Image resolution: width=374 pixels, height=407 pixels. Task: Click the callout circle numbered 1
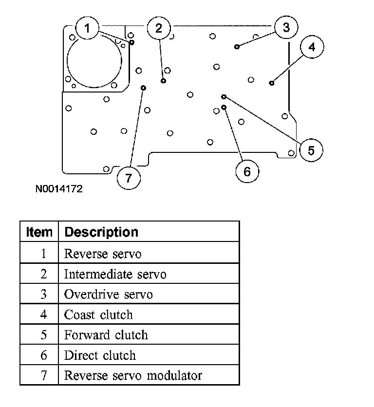coord(87,29)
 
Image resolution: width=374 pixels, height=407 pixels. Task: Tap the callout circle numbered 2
coord(159,29)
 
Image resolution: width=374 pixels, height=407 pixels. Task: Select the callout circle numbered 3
coord(286,28)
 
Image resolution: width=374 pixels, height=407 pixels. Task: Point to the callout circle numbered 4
coord(312,47)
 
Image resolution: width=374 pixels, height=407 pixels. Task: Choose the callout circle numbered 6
coord(246,171)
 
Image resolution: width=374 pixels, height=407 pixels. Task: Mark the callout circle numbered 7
coord(129,178)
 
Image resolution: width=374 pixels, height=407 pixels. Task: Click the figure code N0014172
coord(58,188)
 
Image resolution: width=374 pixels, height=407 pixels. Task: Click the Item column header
coord(39,232)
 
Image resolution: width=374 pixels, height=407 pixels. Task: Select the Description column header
coord(101,232)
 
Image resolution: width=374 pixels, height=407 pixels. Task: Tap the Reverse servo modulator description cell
coord(133,375)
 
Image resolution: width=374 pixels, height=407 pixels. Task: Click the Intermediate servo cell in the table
coord(115,274)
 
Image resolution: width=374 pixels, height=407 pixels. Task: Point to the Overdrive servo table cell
coord(108,295)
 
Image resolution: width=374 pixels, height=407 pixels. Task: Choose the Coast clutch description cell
coord(98,314)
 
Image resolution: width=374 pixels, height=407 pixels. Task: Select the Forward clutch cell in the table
coord(106,335)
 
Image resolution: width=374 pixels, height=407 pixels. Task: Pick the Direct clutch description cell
coord(100,355)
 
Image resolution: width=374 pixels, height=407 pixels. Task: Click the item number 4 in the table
coord(43,314)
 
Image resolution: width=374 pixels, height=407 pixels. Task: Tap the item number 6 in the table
coord(43,355)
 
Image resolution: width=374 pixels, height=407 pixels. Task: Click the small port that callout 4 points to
coord(272,83)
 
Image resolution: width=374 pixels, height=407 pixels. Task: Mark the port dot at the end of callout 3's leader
coord(237,47)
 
